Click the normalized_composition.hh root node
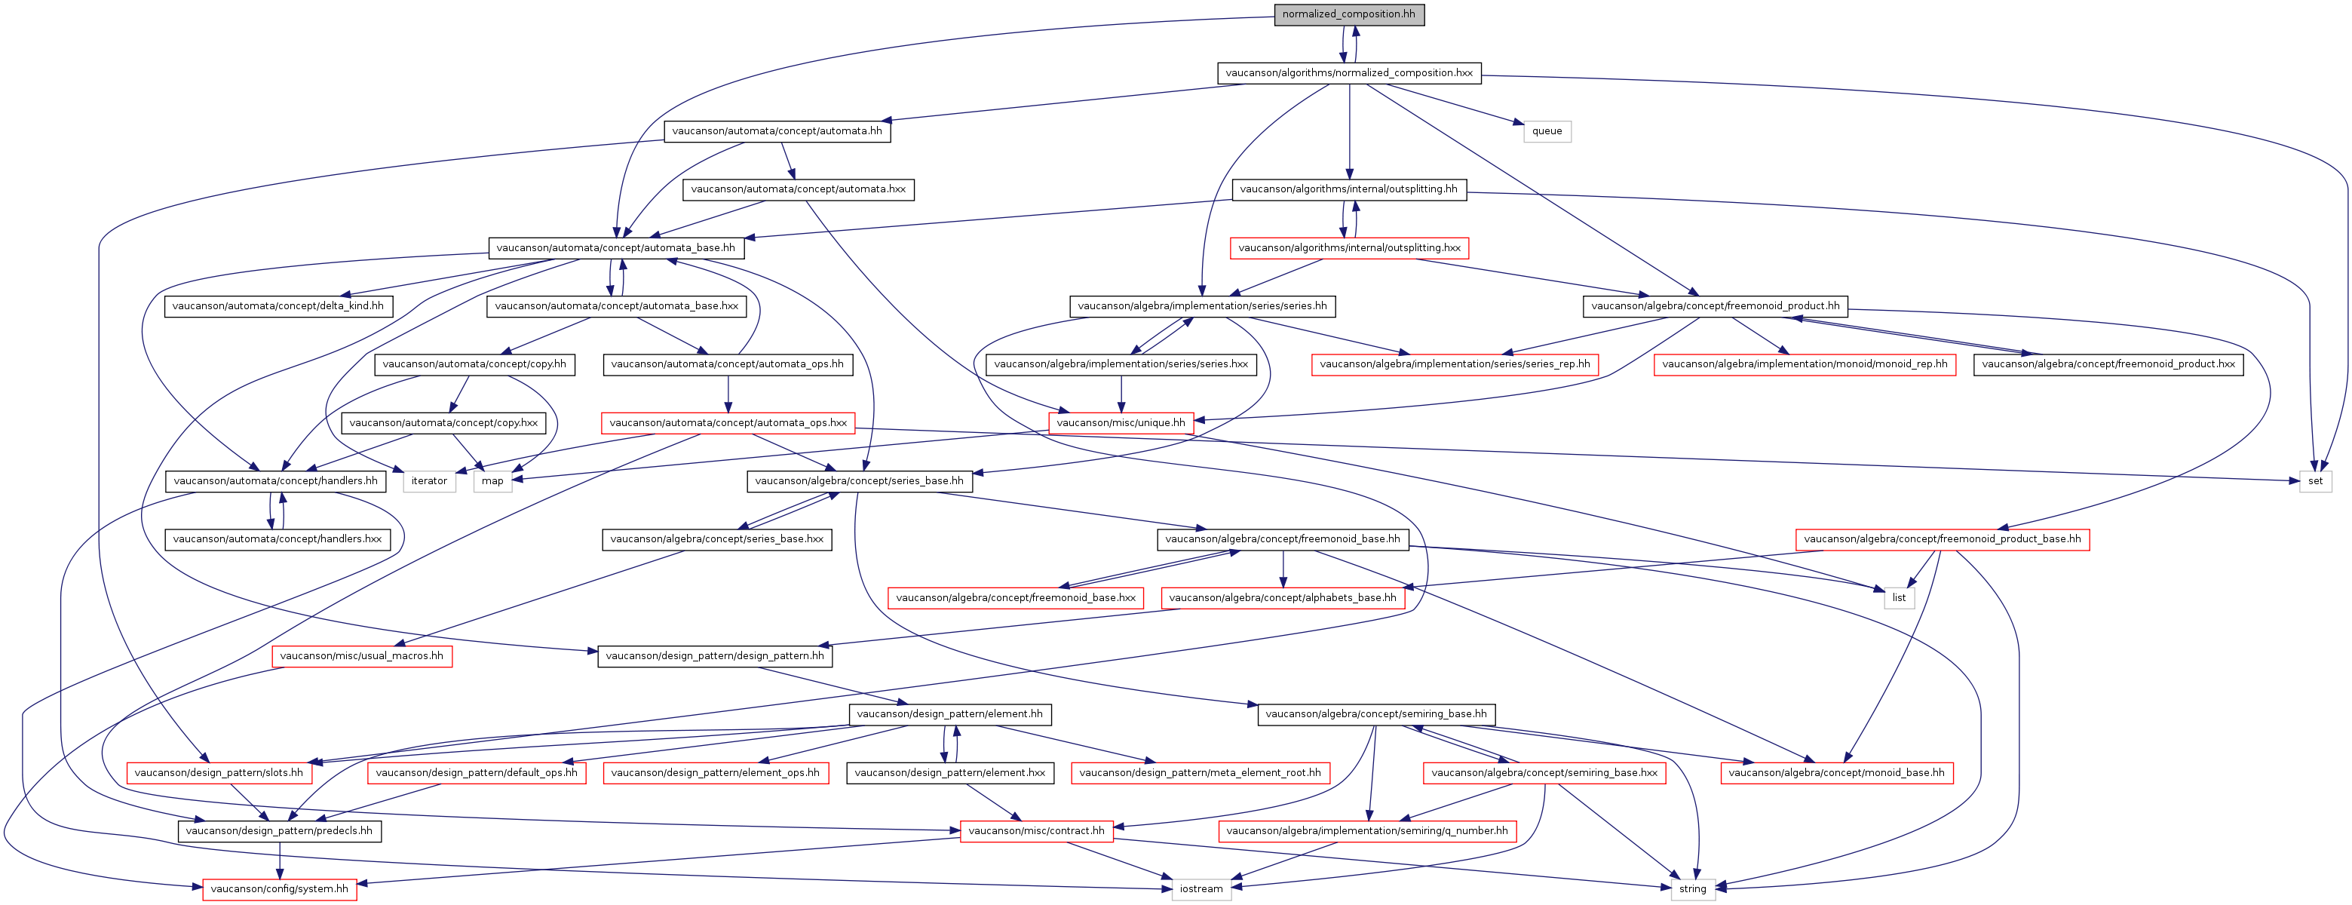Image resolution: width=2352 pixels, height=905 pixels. pyautogui.click(x=1348, y=14)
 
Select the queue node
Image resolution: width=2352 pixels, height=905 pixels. pyautogui.click(x=1547, y=131)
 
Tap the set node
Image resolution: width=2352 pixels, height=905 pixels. pyautogui.click(x=2314, y=481)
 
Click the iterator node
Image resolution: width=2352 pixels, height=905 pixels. pyautogui.click(x=429, y=481)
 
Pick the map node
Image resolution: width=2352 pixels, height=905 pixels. pyautogui.click(x=492, y=481)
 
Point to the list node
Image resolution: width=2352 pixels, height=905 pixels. pyautogui.click(x=1898, y=598)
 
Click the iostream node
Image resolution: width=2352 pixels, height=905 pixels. pyautogui.click(x=1201, y=889)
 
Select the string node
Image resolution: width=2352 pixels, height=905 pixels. pyautogui.click(x=1692, y=889)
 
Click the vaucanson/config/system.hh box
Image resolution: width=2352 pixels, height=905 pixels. pyautogui.click(x=280, y=889)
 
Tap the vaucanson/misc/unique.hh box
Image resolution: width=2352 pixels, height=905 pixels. pyautogui.click(x=1121, y=423)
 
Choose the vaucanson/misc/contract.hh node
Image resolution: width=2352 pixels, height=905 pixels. pyautogui.click(x=1036, y=831)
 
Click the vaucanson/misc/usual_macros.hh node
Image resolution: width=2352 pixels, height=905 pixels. pyautogui.click(x=361, y=655)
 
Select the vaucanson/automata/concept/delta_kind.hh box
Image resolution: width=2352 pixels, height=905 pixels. pyautogui.click(x=278, y=306)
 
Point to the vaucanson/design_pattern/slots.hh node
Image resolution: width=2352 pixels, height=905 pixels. pyautogui.click(x=219, y=772)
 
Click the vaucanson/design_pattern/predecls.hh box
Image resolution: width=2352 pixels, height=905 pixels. pyautogui.click(x=280, y=831)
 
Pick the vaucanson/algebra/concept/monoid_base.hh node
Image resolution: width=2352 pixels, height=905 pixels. pyautogui.click(x=1836, y=772)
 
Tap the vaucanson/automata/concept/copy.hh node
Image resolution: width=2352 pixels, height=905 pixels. pyautogui.click(x=475, y=364)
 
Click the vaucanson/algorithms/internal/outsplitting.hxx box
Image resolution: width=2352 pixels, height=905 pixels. pyautogui.click(x=1350, y=248)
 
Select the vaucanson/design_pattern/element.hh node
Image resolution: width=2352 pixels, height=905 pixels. pyautogui.click(x=949, y=714)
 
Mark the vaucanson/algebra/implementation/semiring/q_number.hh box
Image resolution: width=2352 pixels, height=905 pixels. pyautogui.click(x=1367, y=831)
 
